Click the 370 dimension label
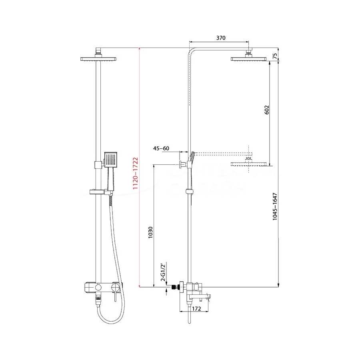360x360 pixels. tap(221, 38)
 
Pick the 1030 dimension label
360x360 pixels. tap(150, 234)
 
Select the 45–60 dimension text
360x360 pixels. tap(161, 148)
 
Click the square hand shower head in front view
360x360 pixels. tap(111, 160)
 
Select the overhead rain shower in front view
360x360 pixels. tap(98, 59)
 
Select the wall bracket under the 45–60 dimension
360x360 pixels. tap(183, 164)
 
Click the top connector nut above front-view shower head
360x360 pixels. tap(98, 51)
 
